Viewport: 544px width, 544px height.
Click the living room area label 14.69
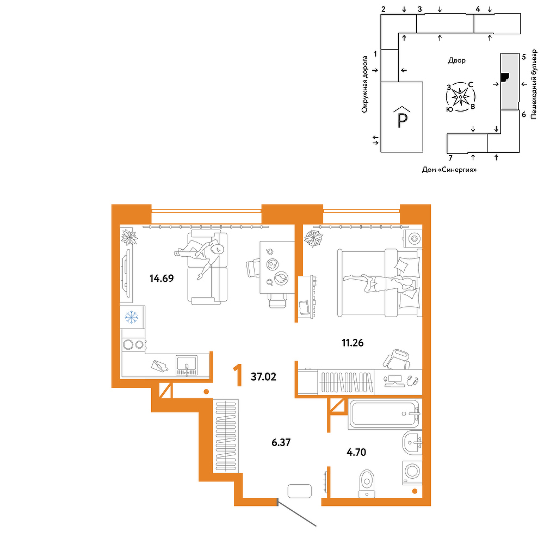click(x=162, y=278)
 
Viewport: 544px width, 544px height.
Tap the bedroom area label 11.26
click(x=353, y=343)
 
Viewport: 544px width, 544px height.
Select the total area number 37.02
click(x=264, y=377)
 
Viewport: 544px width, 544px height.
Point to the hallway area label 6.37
click(x=281, y=443)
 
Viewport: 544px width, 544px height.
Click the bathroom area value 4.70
click(x=356, y=453)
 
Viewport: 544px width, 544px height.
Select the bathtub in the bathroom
click(x=385, y=414)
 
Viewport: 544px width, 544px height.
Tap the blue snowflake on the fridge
click(x=132, y=317)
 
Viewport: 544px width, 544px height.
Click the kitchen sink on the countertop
click(x=186, y=365)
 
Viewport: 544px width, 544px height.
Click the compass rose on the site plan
click(x=460, y=97)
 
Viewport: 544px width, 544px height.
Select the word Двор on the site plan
click(x=456, y=60)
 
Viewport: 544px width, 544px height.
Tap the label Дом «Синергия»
click(x=449, y=170)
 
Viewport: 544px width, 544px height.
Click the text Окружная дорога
click(x=364, y=84)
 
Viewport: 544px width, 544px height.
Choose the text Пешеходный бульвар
click(x=534, y=84)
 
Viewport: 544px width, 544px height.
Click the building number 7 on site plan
click(x=450, y=158)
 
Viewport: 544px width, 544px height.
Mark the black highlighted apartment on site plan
click(x=505, y=77)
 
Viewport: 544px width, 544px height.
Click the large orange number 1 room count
click(x=238, y=375)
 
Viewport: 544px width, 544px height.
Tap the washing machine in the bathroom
click(x=412, y=472)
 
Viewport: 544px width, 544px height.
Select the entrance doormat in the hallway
click(x=300, y=491)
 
